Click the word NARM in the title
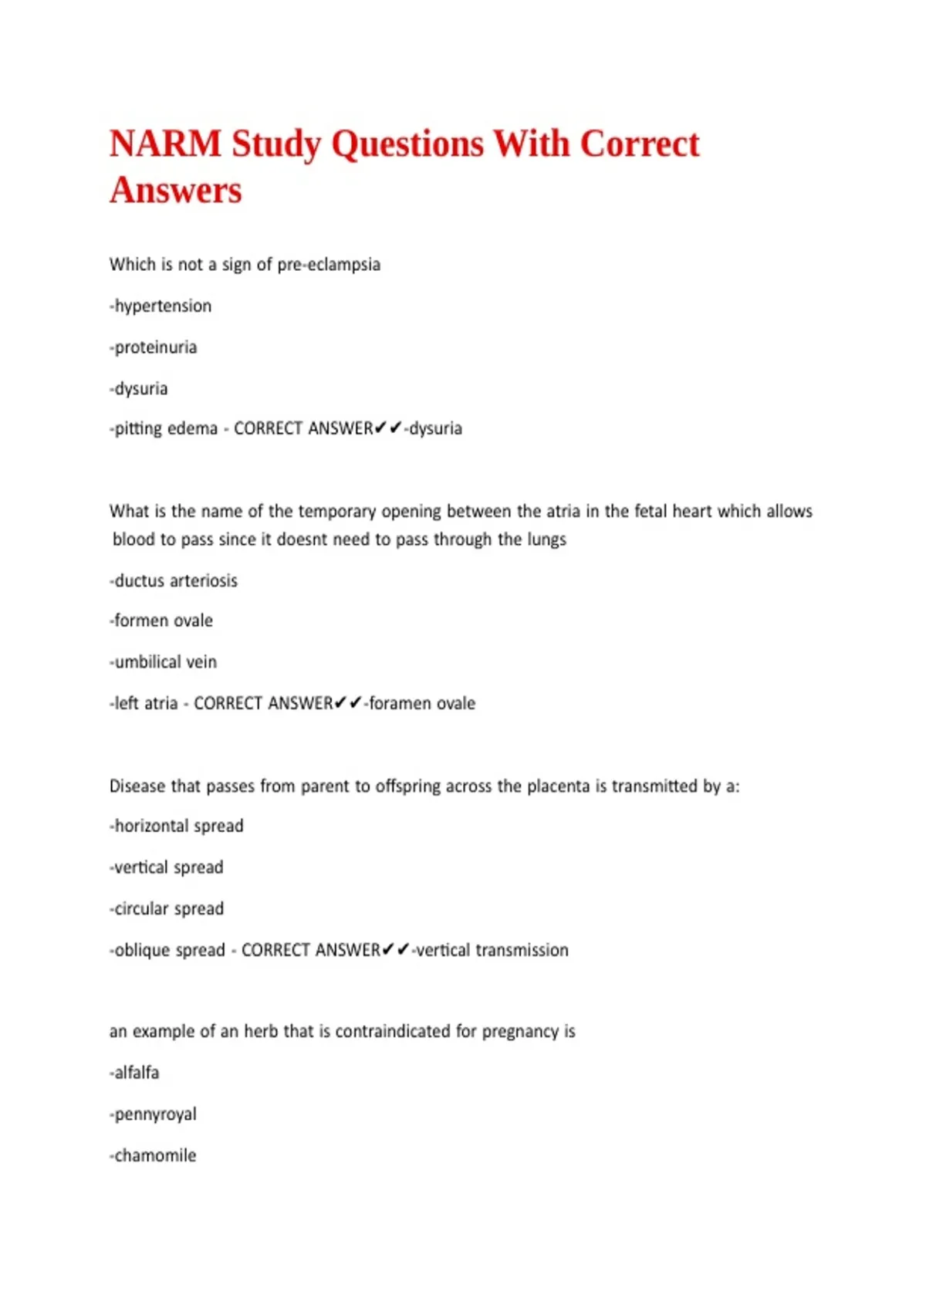[x=165, y=144]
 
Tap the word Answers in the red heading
[x=176, y=191]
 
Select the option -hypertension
[x=161, y=306]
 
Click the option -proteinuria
[x=154, y=347]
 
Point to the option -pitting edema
[x=164, y=428]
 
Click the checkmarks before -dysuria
[x=388, y=428]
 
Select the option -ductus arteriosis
[x=174, y=580]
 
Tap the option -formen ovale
[x=161, y=620]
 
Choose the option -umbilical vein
[x=164, y=662]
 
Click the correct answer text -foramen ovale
[x=421, y=703]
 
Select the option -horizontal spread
[x=177, y=826]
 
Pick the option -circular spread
[x=167, y=909]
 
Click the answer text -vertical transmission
[x=491, y=950]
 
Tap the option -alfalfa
[x=134, y=1073]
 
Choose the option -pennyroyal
[x=154, y=1114]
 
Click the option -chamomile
[x=154, y=1155]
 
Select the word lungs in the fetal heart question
[x=546, y=539]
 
